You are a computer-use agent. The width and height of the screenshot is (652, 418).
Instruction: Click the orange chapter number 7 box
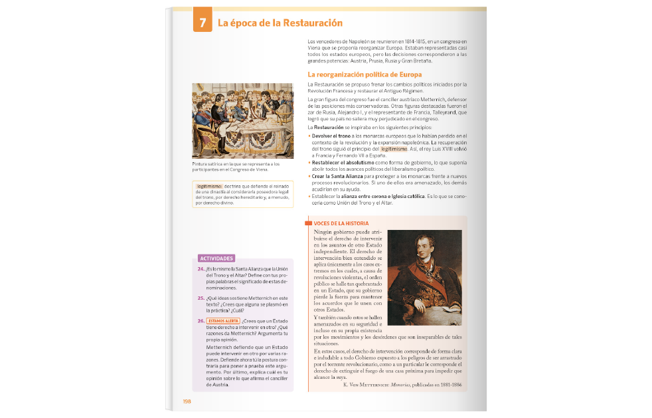point(202,23)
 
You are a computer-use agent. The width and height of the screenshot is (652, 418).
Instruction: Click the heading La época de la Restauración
point(280,23)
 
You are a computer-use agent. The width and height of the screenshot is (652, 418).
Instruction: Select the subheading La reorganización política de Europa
point(365,74)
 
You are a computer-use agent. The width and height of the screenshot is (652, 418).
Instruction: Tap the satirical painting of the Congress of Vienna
point(242,121)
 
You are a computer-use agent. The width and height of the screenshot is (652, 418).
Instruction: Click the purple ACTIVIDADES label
point(216,258)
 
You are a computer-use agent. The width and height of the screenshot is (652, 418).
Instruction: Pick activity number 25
point(201,298)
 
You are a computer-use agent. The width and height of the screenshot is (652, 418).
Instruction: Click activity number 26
point(201,321)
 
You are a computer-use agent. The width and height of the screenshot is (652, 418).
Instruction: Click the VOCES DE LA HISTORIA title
point(341,223)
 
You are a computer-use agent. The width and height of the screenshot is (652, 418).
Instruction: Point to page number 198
point(187,401)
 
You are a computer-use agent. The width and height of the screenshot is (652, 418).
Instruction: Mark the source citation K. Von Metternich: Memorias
point(402,384)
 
